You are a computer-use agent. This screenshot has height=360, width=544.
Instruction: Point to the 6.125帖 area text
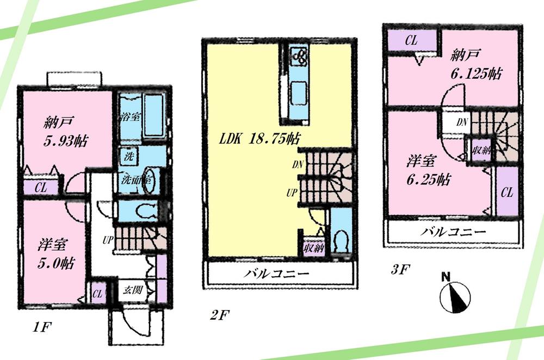point(476,75)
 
